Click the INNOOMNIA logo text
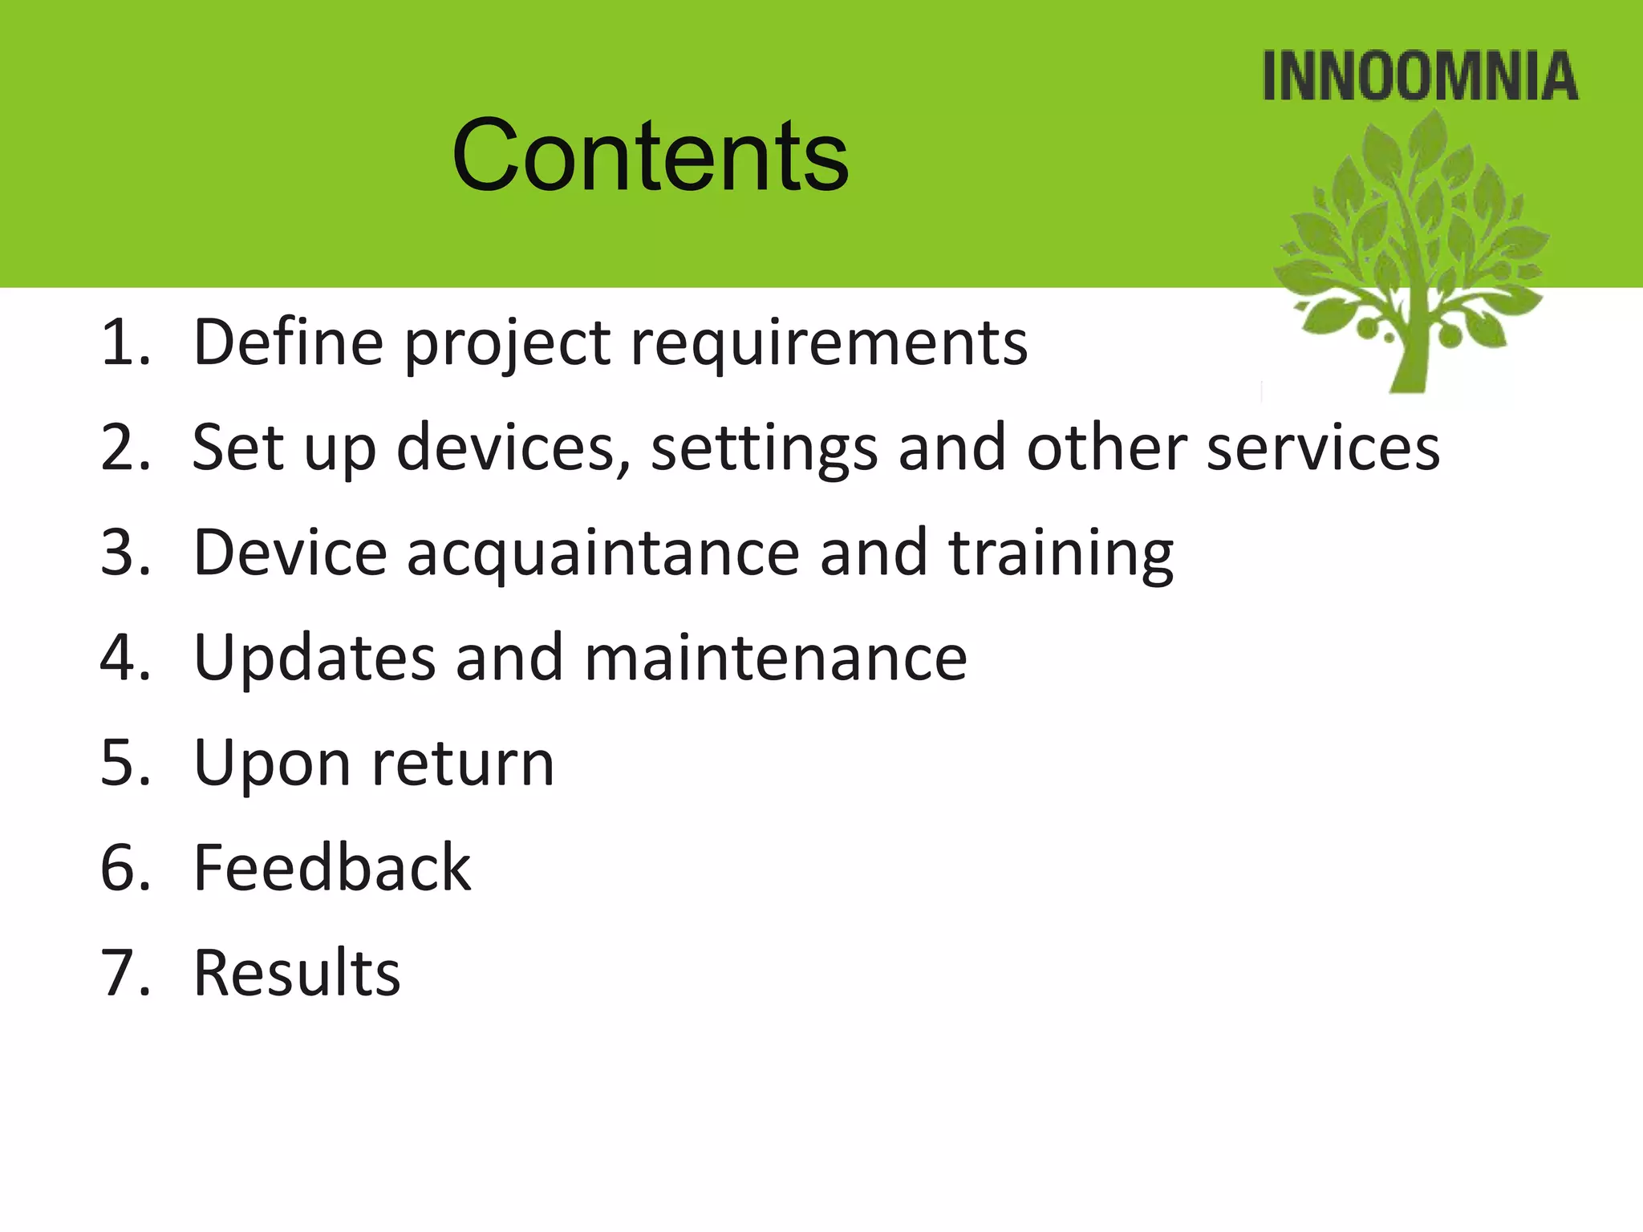click(x=1420, y=77)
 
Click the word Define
click(x=288, y=342)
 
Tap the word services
click(x=1323, y=448)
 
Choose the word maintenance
click(x=775, y=658)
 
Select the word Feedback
click(x=332, y=868)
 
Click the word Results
click(x=297, y=973)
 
